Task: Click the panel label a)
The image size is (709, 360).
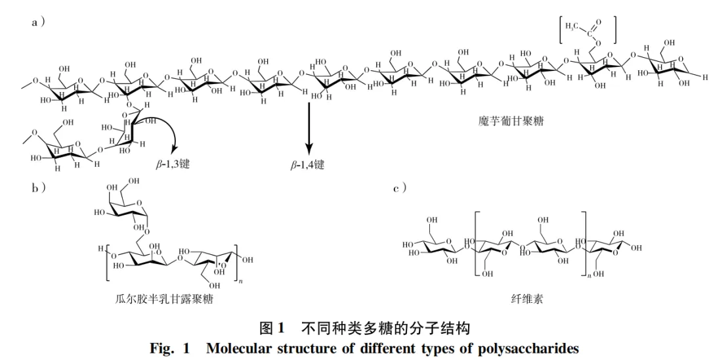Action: [37, 22]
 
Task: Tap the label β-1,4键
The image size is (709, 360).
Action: [307, 164]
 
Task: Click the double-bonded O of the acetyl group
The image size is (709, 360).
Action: [598, 22]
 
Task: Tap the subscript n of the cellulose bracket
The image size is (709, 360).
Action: [589, 277]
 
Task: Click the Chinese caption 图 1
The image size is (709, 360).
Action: [271, 327]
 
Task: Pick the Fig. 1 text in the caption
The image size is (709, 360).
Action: [169, 348]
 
